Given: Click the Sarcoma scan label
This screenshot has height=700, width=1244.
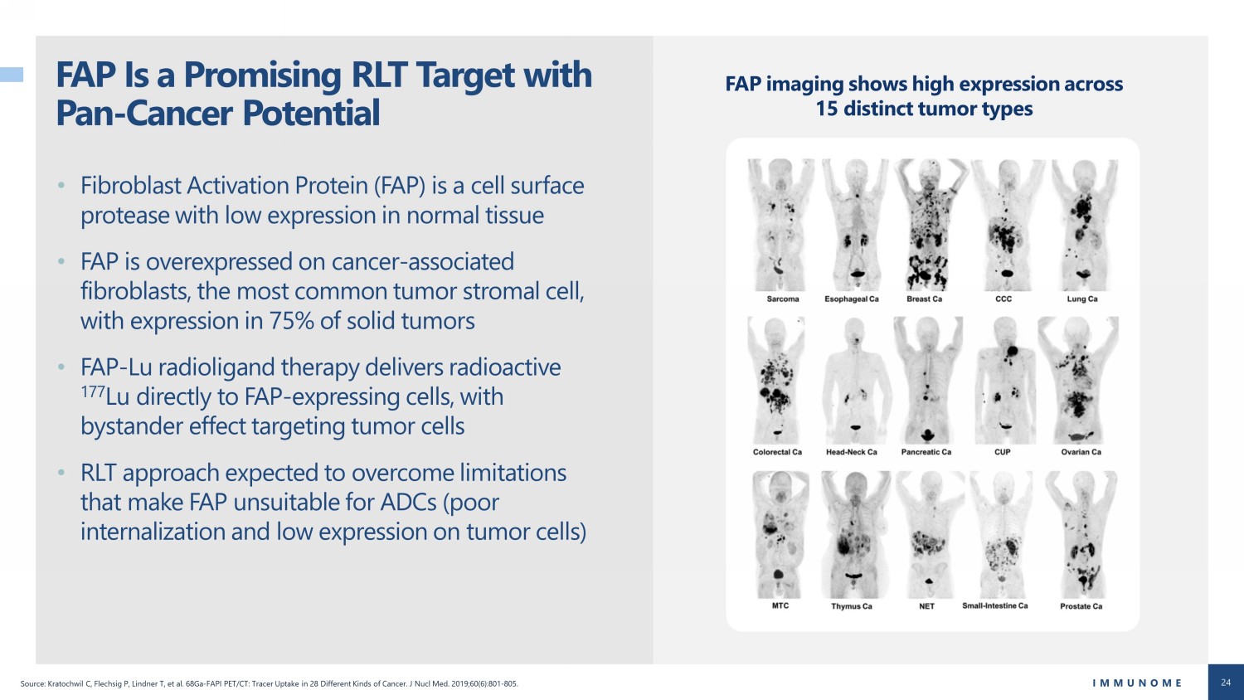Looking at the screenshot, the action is (x=783, y=299).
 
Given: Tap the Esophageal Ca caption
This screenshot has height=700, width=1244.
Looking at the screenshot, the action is (x=852, y=299).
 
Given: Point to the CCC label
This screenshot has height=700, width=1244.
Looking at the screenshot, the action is (x=1003, y=299).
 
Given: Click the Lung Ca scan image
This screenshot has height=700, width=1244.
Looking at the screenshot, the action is (x=1084, y=225).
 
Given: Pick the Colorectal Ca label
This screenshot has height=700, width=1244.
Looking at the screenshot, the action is (x=778, y=452).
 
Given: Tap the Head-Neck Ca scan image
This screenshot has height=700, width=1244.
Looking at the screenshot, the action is (x=855, y=381).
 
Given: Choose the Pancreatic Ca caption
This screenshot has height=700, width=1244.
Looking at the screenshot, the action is (x=926, y=452).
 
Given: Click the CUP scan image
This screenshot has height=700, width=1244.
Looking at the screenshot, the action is (x=1004, y=381).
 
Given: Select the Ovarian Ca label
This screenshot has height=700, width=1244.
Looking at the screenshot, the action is (x=1081, y=452).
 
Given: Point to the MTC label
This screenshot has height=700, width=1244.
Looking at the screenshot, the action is (x=780, y=605).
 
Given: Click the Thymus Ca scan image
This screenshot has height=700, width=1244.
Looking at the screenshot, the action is (x=855, y=534).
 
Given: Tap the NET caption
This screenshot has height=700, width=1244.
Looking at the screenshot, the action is (x=927, y=606).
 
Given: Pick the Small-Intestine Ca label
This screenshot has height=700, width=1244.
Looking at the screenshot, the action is (x=994, y=605).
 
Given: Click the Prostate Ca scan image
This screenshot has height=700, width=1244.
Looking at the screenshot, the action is (x=1081, y=534).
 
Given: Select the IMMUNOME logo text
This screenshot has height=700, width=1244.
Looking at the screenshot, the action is (x=1137, y=683).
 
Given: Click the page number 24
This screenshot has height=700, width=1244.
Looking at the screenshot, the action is (x=1226, y=683).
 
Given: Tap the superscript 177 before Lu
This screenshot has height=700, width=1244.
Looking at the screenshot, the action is (x=93, y=391).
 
